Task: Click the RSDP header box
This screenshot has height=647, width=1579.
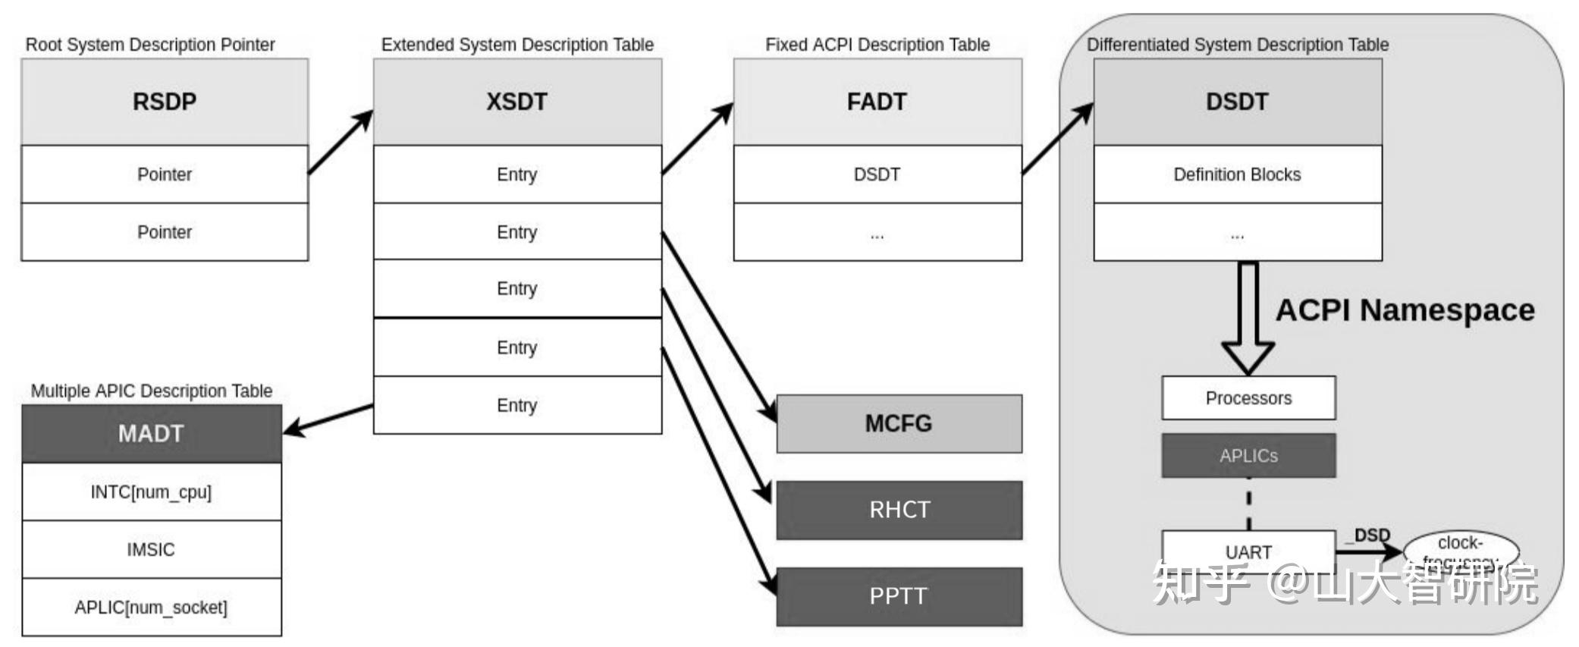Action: (x=165, y=102)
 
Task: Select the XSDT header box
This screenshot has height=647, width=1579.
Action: (x=517, y=102)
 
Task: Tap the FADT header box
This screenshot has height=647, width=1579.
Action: (x=877, y=102)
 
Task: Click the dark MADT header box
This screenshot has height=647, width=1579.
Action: (x=151, y=434)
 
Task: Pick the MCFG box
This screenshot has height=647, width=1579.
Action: (x=899, y=423)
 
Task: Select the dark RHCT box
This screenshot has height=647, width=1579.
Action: (x=899, y=510)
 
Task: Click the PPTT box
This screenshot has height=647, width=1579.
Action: (x=899, y=596)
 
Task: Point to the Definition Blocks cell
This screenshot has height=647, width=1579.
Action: (x=1237, y=174)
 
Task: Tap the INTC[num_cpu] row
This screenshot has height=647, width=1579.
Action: (x=151, y=492)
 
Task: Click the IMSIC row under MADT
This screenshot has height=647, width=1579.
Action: (x=151, y=550)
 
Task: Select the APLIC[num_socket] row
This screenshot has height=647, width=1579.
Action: (x=151, y=608)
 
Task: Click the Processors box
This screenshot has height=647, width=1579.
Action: (x=1248, y=398)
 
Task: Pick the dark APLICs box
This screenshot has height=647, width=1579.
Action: (x=1248, y=456)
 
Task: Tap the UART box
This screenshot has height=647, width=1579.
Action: (x=1248, y=551)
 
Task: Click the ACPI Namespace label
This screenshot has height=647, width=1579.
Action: (x=1405, y=310)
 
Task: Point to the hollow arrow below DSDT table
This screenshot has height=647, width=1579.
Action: (x=1248, y=319)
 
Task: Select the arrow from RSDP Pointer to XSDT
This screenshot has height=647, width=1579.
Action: (x=341, y=143)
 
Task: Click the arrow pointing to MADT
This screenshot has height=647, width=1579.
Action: (x=328, y=419)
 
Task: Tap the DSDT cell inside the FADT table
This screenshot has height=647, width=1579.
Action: (x=877, y=174)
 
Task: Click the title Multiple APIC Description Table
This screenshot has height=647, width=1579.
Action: (x=151, y=391)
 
